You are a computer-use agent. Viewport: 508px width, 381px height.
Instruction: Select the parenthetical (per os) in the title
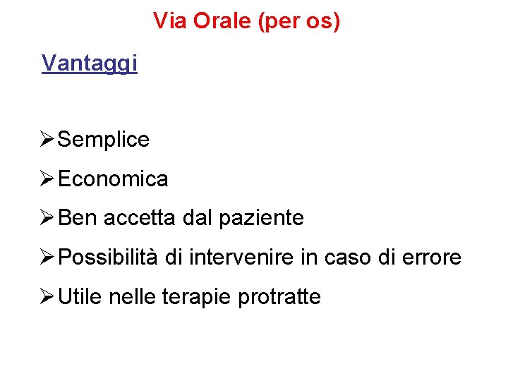coord(299,22)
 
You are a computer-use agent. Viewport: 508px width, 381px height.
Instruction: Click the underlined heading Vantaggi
coord(90,64)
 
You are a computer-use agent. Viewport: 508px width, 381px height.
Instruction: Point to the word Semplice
coord(103,140)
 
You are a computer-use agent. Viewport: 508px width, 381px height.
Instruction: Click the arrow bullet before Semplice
coord(47,140)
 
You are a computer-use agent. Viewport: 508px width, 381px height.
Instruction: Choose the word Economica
coord(113,179)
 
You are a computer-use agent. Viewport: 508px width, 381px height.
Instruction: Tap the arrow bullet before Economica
coord(47,179)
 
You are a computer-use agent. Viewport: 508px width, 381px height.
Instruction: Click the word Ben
coord(78,218)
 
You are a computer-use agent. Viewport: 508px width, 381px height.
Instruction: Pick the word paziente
coord(261,219)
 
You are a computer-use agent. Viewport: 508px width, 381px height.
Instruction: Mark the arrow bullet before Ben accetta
coord(47,218)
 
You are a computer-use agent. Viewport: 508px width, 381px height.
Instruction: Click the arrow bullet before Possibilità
coord(47,258)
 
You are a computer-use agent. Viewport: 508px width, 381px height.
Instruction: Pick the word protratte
coord(279,297)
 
